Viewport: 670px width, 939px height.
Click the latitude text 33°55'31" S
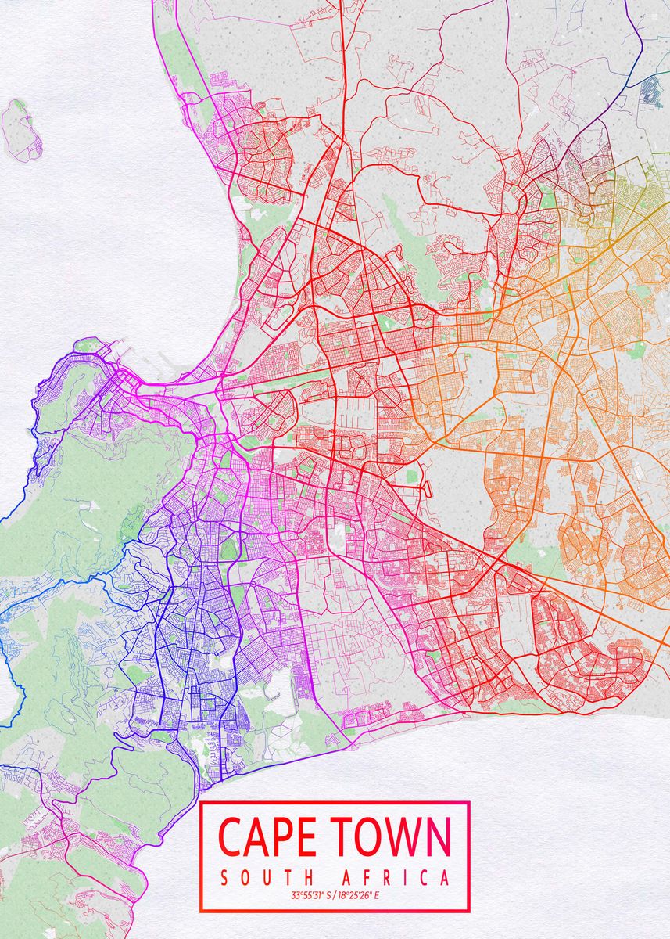(310, 895)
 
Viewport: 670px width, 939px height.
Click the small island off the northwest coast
(21, 129)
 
